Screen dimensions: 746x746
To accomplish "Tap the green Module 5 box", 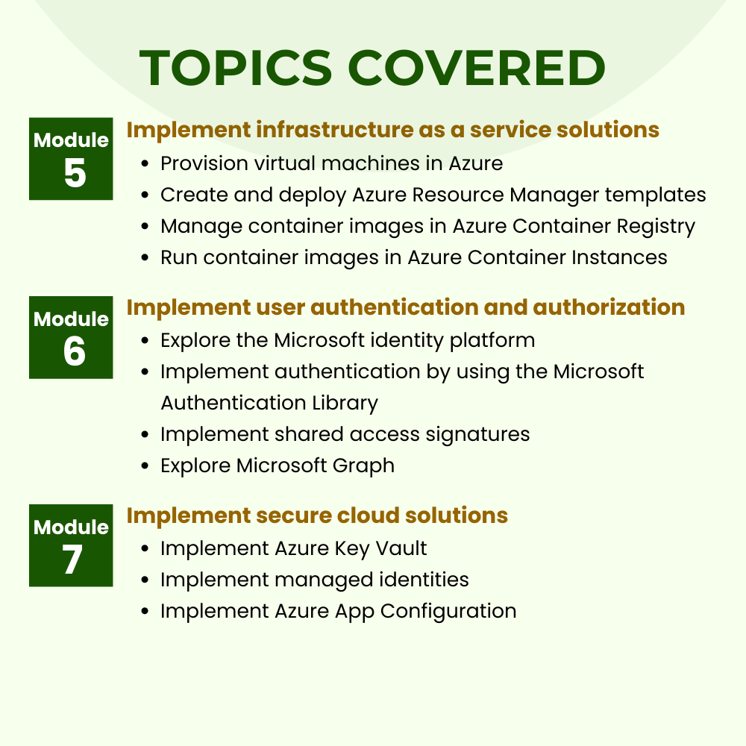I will (x=71, y=158).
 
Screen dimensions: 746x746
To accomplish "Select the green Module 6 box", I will (x=71, y=337).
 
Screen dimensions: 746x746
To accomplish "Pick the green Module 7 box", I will (x=71, y=545).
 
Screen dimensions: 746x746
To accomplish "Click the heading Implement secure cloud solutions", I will (x=317, y=515).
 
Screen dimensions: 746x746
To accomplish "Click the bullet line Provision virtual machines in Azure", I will (x=331, y=163).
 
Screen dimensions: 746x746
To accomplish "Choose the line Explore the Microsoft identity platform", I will (x=348, y=341).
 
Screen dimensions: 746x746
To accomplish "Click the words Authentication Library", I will (x=269, y=403).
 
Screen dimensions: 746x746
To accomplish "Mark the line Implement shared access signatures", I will (x=345, y=434).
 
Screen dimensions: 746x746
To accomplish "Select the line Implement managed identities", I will (x=314, y=580).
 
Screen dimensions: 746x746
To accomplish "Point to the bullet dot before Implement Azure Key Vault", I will (x=146, y=549).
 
